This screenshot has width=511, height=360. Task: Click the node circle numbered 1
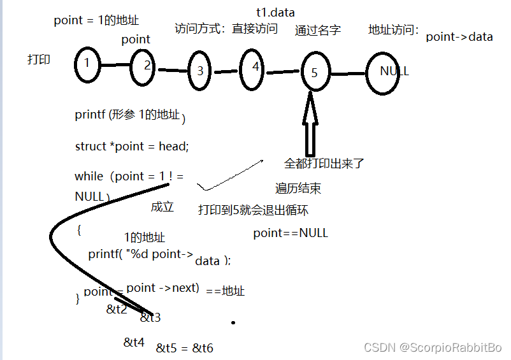click(87, 64)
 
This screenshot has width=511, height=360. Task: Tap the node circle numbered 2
click(143, 65)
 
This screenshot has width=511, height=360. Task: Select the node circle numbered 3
click(199, 71)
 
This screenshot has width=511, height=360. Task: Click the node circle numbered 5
click(315, 72)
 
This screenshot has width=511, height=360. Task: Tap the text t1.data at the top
click(275, 12)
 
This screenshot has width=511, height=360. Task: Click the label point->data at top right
click(459, 37)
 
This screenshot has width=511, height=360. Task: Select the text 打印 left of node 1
click(39, 59)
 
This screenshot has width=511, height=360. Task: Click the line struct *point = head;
click(132, 146)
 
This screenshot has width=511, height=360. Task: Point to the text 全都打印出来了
click(324, 163)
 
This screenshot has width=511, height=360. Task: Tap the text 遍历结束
click(298, 188)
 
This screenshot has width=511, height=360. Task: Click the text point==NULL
click(291, 233)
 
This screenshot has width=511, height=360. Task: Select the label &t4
click(134, 343)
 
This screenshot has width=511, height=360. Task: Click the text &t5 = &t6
click(185, 348)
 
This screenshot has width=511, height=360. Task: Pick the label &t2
click(117, 310)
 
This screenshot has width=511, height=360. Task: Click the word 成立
click(162, 207)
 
